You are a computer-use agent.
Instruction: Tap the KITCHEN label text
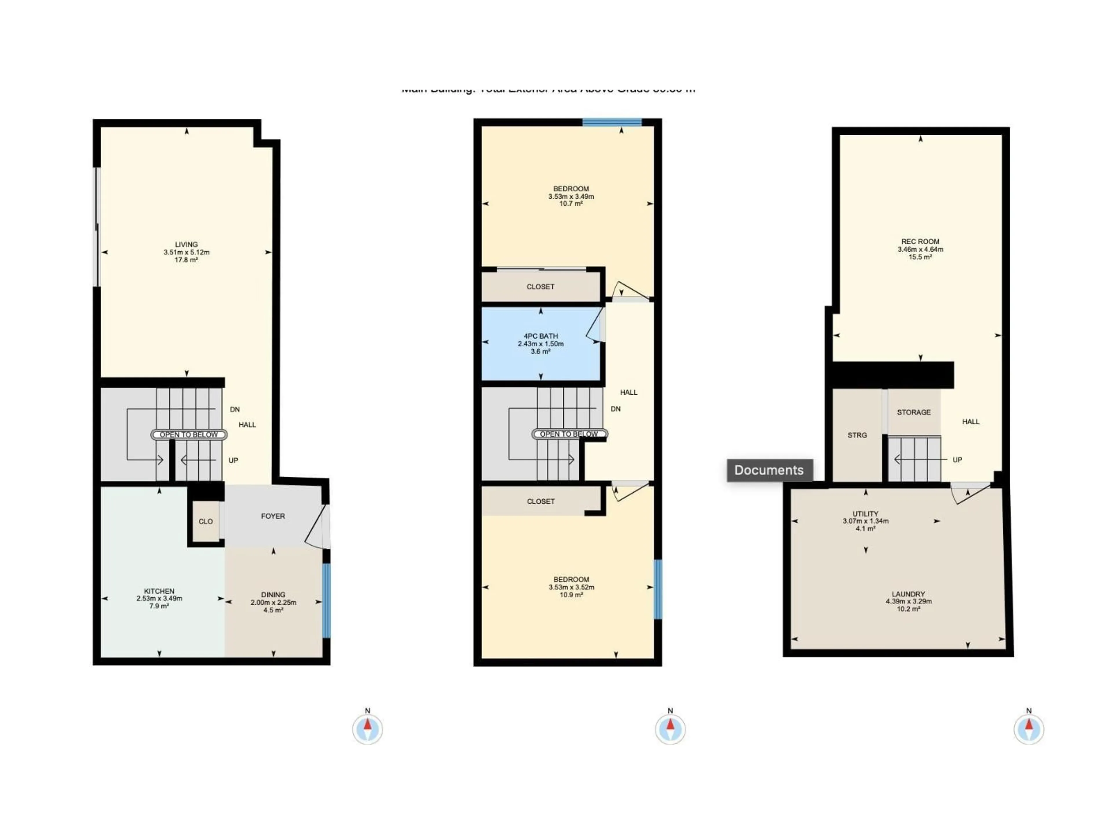pos(159,591)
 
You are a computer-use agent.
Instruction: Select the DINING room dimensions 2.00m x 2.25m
pos(273,602)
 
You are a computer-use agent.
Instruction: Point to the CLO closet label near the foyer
pos(206,521)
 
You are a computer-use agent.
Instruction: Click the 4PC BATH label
pos(540,336)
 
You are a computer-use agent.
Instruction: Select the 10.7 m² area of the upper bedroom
pos(570,204)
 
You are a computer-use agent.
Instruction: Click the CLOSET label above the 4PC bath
pos(540,287)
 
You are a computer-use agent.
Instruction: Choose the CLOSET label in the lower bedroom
pos(540,501)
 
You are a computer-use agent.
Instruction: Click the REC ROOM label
pos(920,241)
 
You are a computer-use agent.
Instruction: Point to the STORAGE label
pos(913,412)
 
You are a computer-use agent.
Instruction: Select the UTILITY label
pos(865,514)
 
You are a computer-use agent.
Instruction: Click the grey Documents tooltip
pos(769,470)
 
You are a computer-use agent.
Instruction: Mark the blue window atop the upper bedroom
pos(612,122)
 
